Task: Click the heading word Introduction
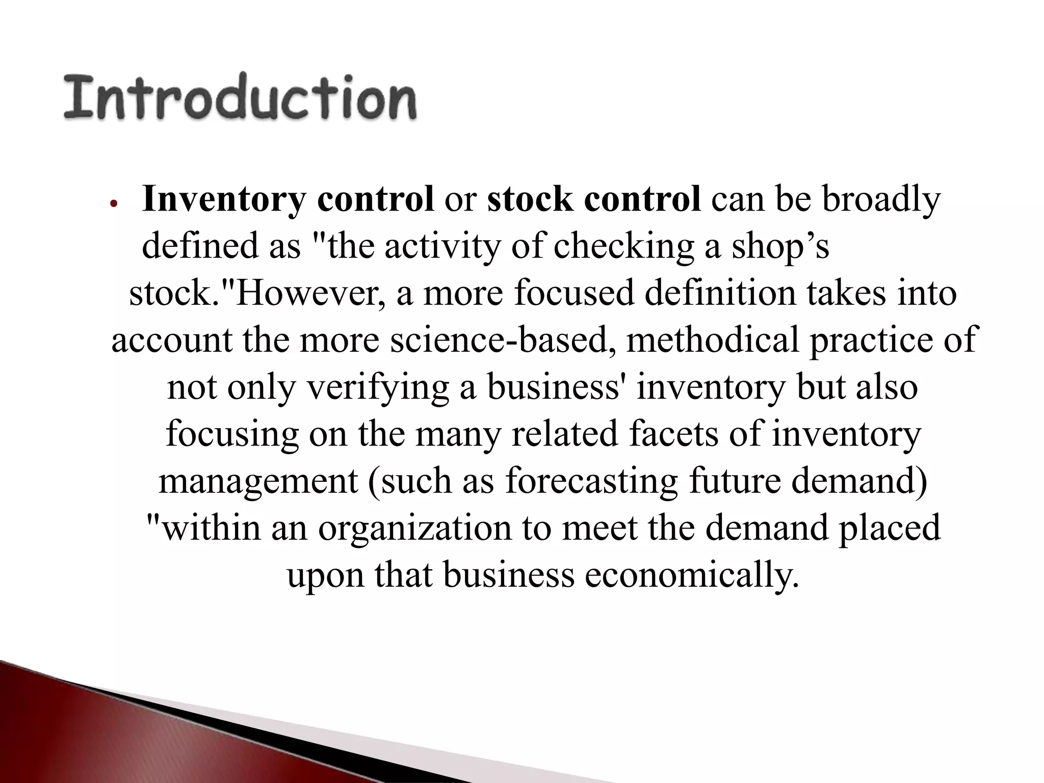240,97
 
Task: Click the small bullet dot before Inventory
114,203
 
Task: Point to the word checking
623,247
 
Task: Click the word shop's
780,247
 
